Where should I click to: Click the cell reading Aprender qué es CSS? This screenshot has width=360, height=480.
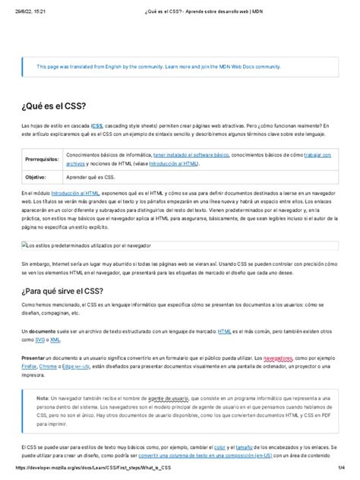pos(90,176)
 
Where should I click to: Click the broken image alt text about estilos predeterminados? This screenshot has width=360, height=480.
pos(88,245)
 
